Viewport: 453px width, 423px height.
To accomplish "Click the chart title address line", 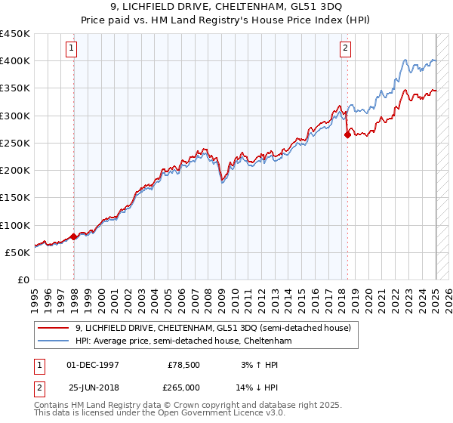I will pos(226,7).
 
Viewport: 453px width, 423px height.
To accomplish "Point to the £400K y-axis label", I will pos(15,61).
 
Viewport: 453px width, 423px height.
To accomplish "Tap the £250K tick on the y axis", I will pos(15,143).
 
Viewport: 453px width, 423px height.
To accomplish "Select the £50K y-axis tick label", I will pos(18,252).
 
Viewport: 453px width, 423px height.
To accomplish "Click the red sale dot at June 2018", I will pos(348,135).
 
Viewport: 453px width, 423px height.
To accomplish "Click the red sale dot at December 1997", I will pos(74,237).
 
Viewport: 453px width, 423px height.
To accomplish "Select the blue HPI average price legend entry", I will pos(183,341).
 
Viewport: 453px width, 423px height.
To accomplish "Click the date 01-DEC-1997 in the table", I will pos(93,365).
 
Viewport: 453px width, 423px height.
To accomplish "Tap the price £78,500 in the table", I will pos(183,365).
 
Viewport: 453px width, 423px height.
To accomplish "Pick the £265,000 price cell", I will pos(183,387).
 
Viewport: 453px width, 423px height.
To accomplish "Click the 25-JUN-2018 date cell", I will pos(93,387).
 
